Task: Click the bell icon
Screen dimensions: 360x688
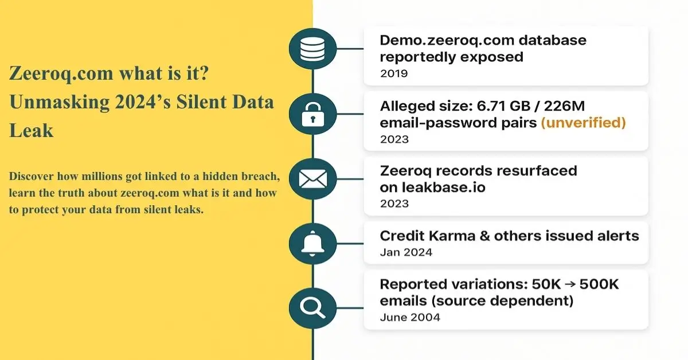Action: point(312,243)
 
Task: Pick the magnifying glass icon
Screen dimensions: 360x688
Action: point(312,308)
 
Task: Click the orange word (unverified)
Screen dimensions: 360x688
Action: point(583,123)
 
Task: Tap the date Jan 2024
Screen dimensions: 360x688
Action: point(406,252)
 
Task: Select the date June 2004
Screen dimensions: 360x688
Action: point(410,317)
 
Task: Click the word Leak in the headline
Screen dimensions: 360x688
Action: point(31,130)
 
